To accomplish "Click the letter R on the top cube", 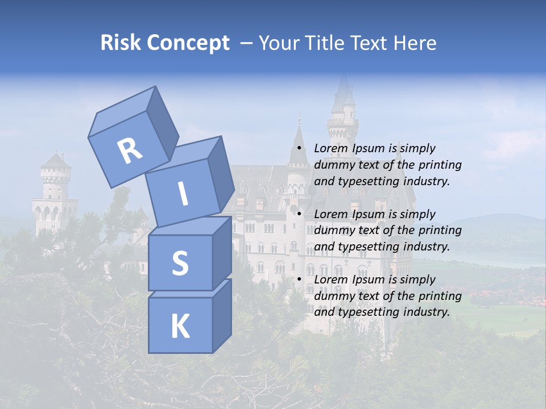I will click(130, 151).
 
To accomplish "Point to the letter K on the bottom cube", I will click(180, 326).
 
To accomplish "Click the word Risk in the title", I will click(121, 43).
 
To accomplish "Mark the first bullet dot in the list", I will click(299, 149).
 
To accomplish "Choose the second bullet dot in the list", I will click(299, 214).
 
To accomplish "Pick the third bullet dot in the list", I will click(299, 280).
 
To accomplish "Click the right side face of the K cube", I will click(221, 315).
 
